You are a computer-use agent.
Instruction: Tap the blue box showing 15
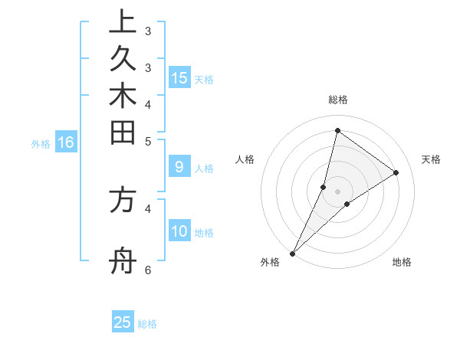tap(179, 77)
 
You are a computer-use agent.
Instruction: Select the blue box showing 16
tap(66, 142)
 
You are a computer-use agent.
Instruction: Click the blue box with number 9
tap(179, 166)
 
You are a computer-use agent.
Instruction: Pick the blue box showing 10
tap(179, 231)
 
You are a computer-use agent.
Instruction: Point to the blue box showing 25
tap(123, 322)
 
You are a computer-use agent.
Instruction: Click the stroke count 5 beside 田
tap(148, 141)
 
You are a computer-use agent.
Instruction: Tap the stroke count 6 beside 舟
tap(148, 270)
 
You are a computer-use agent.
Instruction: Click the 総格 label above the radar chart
tap(337, 100)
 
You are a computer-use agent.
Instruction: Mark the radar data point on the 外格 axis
tap(292, 254)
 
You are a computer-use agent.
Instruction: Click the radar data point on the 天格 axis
tap(396, 172)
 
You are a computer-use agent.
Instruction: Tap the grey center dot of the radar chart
tap(337, 191)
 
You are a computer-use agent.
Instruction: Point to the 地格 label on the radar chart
tap(402, 262)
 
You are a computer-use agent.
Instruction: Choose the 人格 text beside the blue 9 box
tap(205, 169)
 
